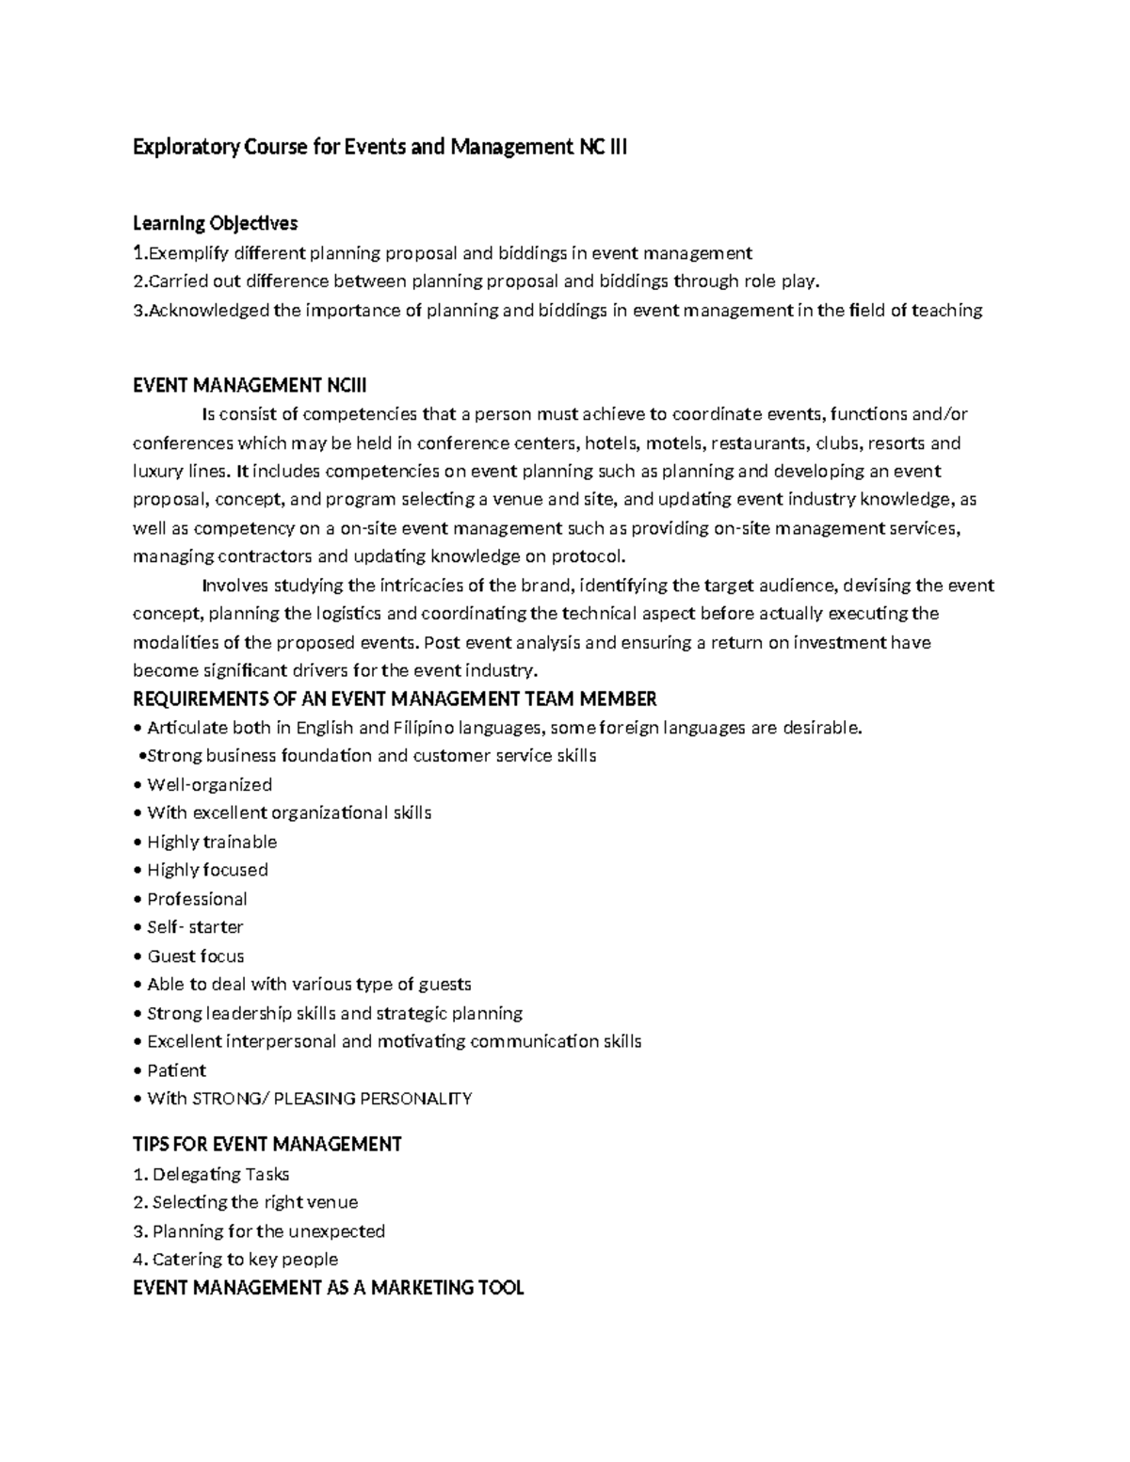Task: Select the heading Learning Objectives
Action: click(x=215, y=223)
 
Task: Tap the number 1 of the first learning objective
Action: click(x=138, y=252)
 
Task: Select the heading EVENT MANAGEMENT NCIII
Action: click(x=250, y=385)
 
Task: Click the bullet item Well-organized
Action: click(x=209, y=785)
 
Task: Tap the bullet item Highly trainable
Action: click(x=212, y=842)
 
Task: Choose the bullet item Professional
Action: click(x=197, y=899)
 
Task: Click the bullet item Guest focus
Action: click(x=195, y=956)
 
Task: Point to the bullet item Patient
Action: click(x=176, y=1070)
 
